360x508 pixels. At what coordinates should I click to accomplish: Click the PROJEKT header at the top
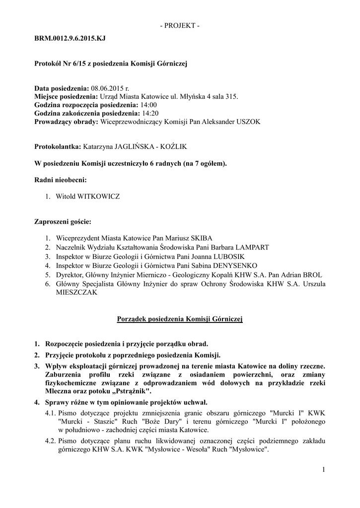coord(180,25)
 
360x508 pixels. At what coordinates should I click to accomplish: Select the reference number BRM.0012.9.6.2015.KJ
coord(70,38)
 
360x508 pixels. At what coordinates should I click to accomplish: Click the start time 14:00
coord(148,105)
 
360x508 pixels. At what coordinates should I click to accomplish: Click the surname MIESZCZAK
coord(76,293)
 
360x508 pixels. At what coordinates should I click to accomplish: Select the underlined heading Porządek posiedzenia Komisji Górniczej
coord(180,319)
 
